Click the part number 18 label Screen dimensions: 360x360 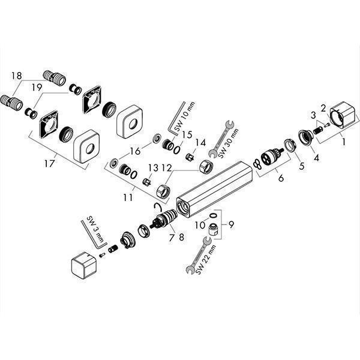16,76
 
